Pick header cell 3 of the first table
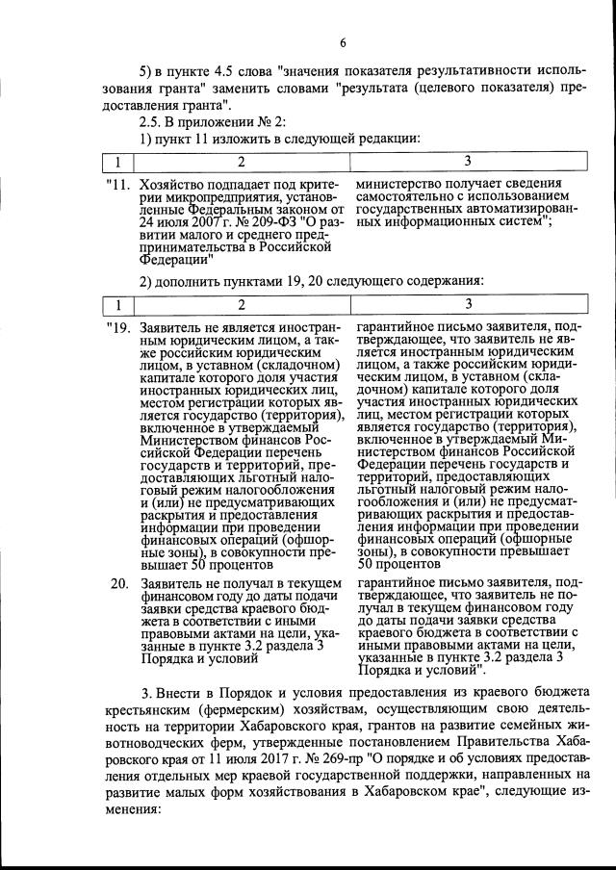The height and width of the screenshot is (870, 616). (467, 161)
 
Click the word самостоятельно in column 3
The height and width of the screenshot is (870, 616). (409, 197)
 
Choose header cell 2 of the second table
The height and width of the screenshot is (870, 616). (241, 306)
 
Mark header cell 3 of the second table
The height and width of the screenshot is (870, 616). (467, 306)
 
